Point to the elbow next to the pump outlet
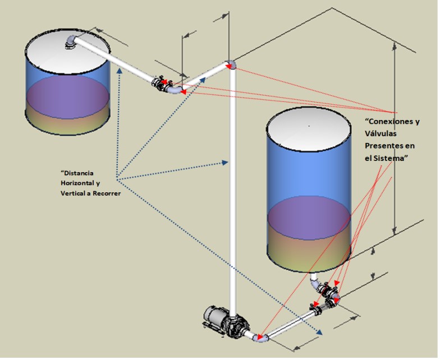click(x=261, y=336)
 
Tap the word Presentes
click(x=385, y=146)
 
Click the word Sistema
click(x=391, y=159)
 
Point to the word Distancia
click(x=79, y=172)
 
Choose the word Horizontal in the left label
click(x=77, y=182)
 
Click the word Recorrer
click(x=106, y=193)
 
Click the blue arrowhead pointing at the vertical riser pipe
click(x=226, y=163)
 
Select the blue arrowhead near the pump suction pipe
click(x=318, y=332)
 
